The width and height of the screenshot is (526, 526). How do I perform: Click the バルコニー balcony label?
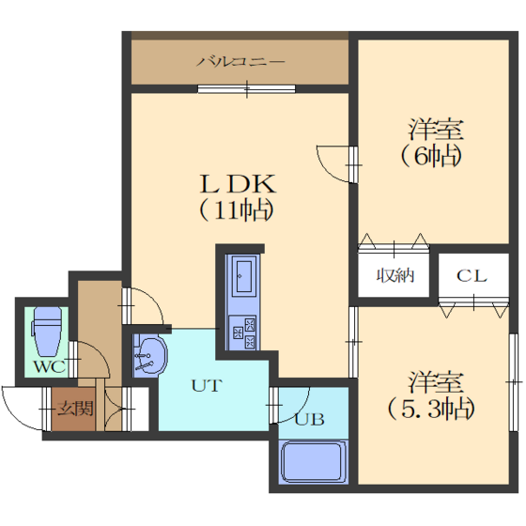coord(240,62)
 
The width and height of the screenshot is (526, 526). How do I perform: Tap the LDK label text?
coord(238,184)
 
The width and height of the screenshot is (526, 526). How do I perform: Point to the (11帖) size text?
coord(236,210)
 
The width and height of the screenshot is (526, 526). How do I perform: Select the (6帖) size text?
coord(431,156)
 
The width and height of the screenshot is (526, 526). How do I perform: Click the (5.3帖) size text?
coord(431,409)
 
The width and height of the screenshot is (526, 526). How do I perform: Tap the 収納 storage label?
coord(394,276)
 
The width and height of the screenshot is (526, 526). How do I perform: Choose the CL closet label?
coord(472,276)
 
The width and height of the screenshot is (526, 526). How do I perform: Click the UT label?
coord(207,385)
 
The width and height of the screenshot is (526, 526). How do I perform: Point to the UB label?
coord(309,419)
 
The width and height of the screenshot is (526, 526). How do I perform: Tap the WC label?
coord(49,366)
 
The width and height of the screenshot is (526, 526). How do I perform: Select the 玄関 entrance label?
coord(74,409)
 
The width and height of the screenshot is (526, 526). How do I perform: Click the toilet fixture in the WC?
coord(47,331)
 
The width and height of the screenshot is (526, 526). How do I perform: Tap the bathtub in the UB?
coord(313,462)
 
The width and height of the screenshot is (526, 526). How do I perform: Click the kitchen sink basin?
coord(243,277)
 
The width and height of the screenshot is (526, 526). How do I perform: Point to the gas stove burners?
coord(242,333)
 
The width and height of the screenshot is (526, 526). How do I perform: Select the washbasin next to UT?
coord(149,355)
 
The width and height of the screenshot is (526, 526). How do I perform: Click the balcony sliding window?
coord(246,89)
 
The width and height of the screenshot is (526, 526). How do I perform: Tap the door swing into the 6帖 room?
coord(335,164)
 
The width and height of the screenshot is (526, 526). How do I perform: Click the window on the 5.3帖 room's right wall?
coord(513,382)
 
